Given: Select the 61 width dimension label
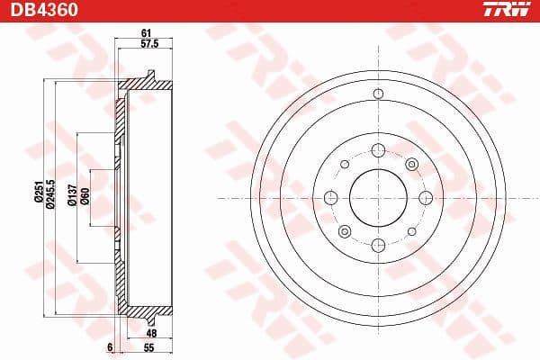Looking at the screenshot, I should [x=145, y=33].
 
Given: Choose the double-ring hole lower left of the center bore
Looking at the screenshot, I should [x=345, y=229].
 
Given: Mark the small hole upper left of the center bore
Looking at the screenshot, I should [x=345, y=164].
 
